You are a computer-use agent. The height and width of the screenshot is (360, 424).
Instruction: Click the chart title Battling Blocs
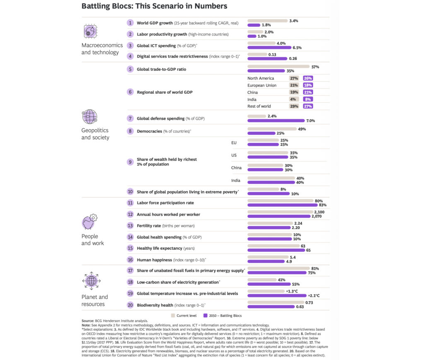[x=154, y=6]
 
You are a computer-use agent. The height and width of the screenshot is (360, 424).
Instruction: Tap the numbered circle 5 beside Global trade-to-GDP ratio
[x=130, y=69]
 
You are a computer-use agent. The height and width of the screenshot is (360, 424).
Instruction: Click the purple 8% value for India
[x=308, y=99]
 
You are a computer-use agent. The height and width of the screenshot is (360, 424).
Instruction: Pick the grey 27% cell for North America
[x=294, y=78]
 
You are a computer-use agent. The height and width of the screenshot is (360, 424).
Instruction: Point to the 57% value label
[x=315, y=67]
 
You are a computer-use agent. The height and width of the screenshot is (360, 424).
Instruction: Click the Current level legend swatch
[x=173, y=316]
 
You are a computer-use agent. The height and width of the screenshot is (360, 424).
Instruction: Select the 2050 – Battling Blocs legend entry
[x=226, y=316]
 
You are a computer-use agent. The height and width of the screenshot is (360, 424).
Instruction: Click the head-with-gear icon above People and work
[x=90, y=222]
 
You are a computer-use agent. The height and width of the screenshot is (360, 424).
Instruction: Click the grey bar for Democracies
[x=272, y=129]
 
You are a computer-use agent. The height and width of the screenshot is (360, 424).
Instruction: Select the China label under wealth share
[x=237, y=168]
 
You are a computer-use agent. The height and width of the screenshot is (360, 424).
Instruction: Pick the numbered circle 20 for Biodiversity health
[x=130, y=304]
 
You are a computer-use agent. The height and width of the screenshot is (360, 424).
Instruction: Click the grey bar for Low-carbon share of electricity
[x=262, y=280]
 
